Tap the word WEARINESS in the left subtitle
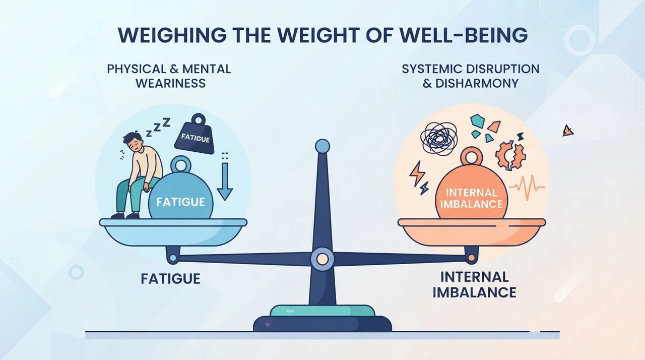click(x=171, y=83)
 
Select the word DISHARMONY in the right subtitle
click(x=477, y=83)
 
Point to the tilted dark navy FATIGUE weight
click(x=195, y=135)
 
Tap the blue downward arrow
click(x=225, y=182)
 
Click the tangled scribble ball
click(x=438, y=138)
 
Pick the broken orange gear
click(x=510, y=155)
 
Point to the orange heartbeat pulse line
click(x=527, y=188)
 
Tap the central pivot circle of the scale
click(x=322, y=259)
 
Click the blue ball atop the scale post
click(x=322, y=147)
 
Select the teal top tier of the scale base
click(x=322, y=311)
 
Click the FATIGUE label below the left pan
click(x=170, y=279)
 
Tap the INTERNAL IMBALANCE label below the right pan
click(x=475, y=284)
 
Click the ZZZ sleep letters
click(x=158, y=127)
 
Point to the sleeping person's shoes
click(x=125, y=215)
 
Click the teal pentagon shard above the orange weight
click(x=477, y=121)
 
